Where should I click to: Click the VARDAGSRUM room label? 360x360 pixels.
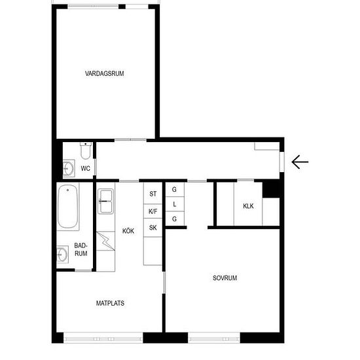click(x=105, y=73)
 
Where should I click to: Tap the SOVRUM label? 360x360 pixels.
click(x=225, y=278)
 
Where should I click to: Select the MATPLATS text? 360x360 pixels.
click(x=110, y=303)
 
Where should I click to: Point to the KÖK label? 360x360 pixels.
click(x=128, y=231)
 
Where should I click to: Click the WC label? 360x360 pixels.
click(x=85, y=168)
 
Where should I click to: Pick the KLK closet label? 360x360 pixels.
click(x=249, y=206)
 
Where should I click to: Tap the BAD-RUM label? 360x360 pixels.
click(x=81, y=249)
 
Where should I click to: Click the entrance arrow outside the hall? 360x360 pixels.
click(x=300, y=162)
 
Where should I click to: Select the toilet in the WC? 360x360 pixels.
click(x=86, y=151)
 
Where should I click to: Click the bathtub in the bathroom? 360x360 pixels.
click(x=67, y=206)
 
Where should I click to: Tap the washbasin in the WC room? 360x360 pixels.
click(x=69, y=168)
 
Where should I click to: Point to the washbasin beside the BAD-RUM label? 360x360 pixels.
click(x=62, y=255)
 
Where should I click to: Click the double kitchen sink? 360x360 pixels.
click(x=105, y=202)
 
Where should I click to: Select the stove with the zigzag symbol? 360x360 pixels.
click(x=105, y=241)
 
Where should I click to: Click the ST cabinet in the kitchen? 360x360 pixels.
click(x=153, y=193)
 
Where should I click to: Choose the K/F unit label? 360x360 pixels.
click(x=153, y=211)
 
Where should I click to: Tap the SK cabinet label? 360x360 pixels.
click(x=153, y=228)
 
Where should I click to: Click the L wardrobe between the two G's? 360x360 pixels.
click(x=175, y=204)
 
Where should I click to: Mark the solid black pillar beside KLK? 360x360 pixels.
click(x=271, y=189)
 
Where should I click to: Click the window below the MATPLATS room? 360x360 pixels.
click(x=103, y=338)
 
